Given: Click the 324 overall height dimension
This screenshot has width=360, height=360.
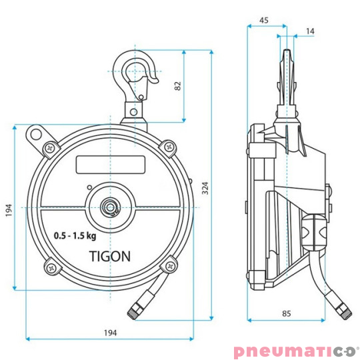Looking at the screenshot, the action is (x=205, y=188).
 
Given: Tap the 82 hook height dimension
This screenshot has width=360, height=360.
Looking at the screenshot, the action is (x=178, y=86).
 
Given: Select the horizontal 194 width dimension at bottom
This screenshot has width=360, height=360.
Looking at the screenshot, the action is (x=111, y=333).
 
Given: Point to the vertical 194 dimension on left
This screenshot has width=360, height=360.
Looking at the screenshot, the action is (x=9, y=210).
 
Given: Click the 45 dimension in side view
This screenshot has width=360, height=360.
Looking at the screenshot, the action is (x=264, y=21).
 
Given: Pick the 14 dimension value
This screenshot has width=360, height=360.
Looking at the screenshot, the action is (x=310, y=31).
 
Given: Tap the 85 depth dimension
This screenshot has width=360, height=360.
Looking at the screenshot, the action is (x=286, y=313).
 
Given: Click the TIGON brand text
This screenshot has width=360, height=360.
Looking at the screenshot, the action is (x=110, y=256).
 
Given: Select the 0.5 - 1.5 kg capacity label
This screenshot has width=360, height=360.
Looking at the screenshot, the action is (x=75, y=236).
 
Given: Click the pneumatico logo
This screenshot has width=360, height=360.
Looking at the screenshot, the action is (x=296, y=351).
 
